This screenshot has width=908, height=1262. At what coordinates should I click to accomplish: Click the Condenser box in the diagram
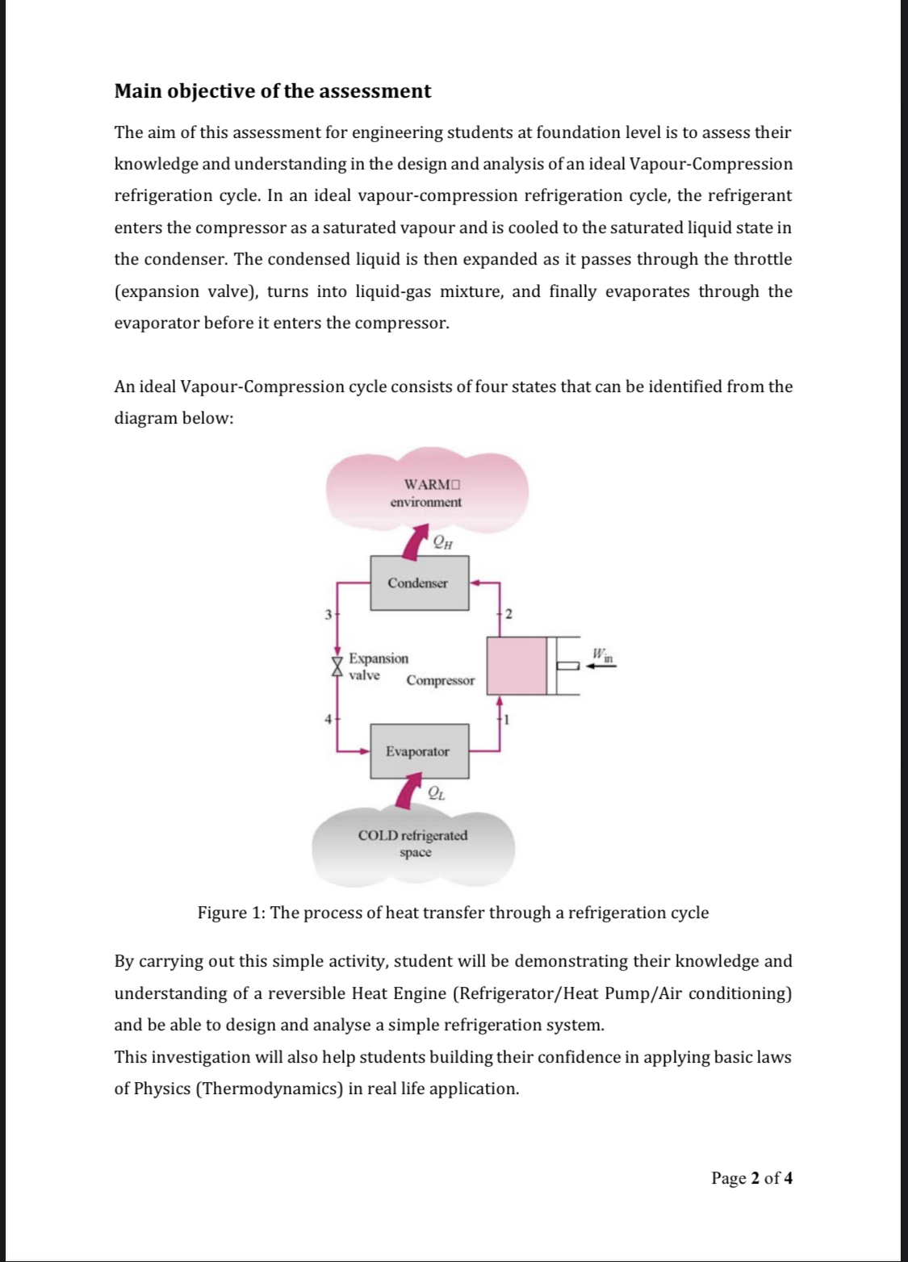pos(419,583)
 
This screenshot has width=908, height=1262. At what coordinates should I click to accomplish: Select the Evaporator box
pos(419,751)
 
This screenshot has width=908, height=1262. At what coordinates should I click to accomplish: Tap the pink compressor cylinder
pos(517,666)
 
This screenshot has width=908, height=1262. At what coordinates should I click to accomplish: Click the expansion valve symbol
pos(337,665)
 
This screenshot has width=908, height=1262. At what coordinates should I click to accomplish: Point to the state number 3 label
pos(328,614)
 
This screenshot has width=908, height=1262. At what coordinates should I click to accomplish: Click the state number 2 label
pos(508,614)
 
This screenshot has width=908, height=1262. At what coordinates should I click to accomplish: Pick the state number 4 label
pos(328,718)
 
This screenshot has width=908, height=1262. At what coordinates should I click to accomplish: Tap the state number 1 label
pos(506,718)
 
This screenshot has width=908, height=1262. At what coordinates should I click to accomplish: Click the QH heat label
pos(442,542)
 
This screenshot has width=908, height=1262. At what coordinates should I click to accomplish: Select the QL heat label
pos(436,793)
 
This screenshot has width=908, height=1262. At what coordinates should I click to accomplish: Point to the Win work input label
pos(602,654)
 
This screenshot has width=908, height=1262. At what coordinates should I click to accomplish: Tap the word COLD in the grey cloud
pos(378,836)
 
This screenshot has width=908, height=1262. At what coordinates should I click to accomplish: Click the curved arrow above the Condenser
pos(416,540)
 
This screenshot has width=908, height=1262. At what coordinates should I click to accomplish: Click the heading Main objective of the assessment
pos(273,91)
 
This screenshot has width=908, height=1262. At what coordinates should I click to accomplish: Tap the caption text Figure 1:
pos(232,913)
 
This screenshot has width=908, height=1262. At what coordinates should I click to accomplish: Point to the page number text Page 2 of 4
pos(751,1178)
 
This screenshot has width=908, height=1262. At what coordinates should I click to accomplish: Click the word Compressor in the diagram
pos(441,680)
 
